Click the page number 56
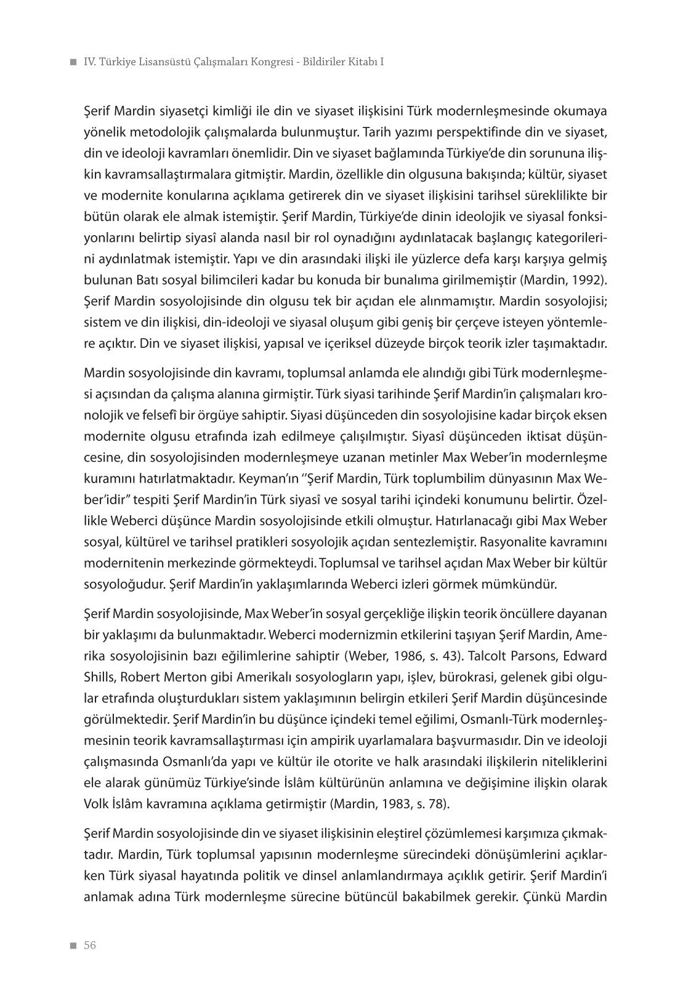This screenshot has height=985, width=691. (91, 945)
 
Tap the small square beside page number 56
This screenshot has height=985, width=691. (74, 946)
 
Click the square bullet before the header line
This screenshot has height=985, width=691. (74, 63)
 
